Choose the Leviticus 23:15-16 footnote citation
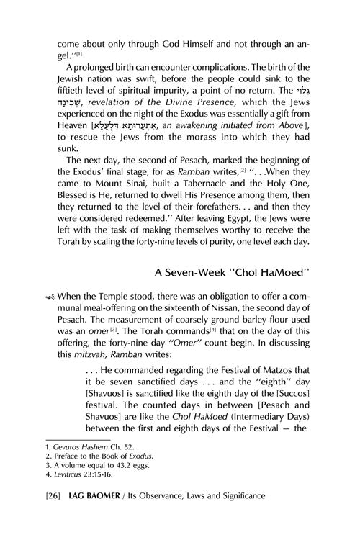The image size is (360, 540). [x=78, y=477]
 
